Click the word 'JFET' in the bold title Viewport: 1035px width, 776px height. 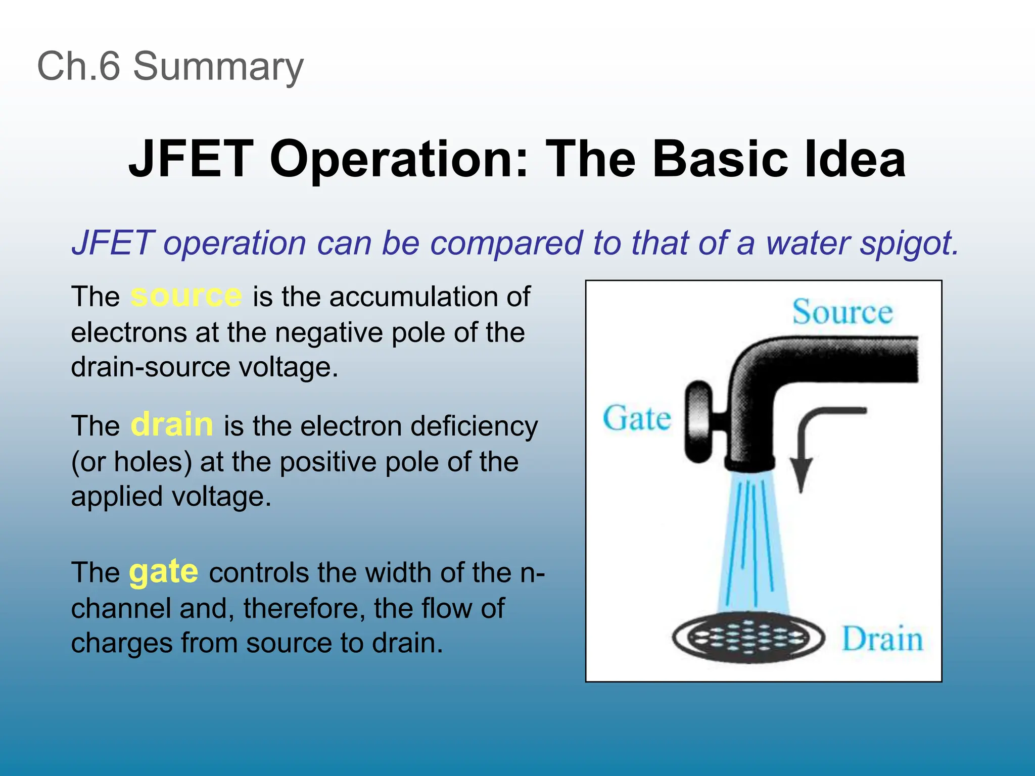(x=191, y=159)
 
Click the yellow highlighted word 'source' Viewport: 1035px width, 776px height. (x=186, y=296)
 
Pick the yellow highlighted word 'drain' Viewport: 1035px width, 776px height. (x=172, y=425)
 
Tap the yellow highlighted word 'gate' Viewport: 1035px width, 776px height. (x=164, y=572)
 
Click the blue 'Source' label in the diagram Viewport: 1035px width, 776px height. (x=842, y=312)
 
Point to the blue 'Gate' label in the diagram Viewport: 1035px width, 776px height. (x=637, y=419)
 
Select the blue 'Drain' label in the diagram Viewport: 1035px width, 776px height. (x=882, y=639)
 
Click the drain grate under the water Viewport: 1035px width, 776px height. (x=748, y=639)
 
